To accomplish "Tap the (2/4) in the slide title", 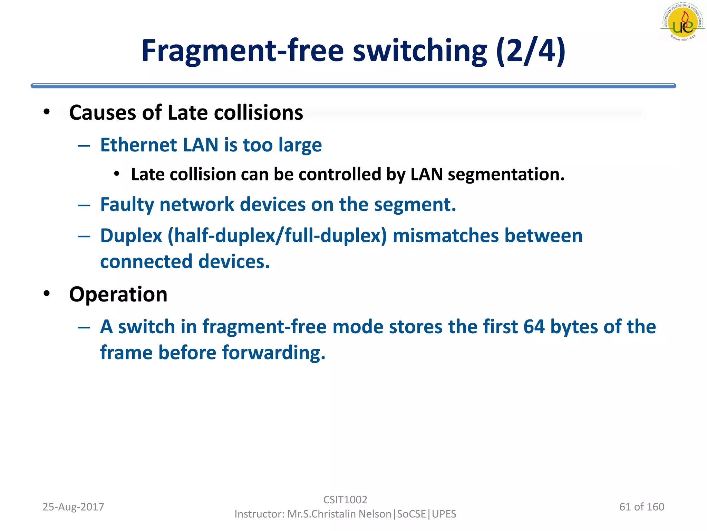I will pyautogui.click(x=531, y=51).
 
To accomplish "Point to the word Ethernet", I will pyautogui.click(x=138, y=145).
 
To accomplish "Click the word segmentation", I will pyautogui.click(x=506, y=175).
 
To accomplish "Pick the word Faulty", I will pyautogui.click(x=127, y=204).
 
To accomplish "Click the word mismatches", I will pyautogui.click(x=446, y=236).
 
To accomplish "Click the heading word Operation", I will pyautogui.click(x=118, y=295).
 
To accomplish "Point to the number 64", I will pyautogui.click(x=534, y=327).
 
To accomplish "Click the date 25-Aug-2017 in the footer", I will pyautogui.click(x=73, y=507).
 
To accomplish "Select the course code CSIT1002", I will pyautogui.click(x=345, y=500).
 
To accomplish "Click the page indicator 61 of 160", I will pyautogui.click(x=642, y=507).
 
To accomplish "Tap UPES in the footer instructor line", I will pyautogui.click(x=444, y=514).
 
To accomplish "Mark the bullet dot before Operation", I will pyautogui.click(x=47, y=294).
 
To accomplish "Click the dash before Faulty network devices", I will pyautogui.click(x=84, y=205).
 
